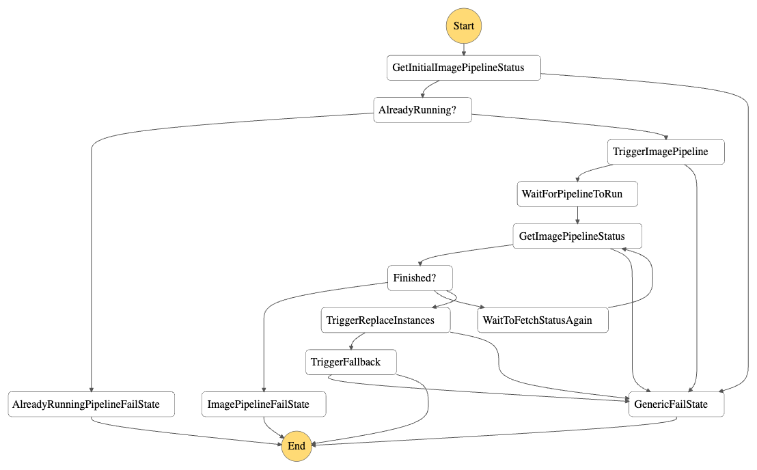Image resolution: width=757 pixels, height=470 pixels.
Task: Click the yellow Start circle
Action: tap(464, 26)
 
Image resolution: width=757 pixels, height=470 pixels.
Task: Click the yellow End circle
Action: tap(297, 446)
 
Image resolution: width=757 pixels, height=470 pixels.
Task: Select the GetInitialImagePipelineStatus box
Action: tap(463, 68)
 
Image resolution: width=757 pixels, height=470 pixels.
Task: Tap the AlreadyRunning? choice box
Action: tap(423, 110)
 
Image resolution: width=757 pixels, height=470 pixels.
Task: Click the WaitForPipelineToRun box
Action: tap(578, 194)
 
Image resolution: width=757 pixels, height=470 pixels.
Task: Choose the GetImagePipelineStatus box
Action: tap(578, 236)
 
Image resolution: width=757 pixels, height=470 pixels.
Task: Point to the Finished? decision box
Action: tap(420, 278)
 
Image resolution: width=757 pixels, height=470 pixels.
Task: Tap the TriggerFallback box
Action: tap(351, 362)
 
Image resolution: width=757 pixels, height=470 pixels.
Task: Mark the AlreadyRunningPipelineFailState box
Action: tap(92, 404)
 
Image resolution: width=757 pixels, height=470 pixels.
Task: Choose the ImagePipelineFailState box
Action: tap(264, 404)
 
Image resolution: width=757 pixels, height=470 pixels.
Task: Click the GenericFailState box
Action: tap(676, 404)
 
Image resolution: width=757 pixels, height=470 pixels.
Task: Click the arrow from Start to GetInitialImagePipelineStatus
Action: tap(464, 49)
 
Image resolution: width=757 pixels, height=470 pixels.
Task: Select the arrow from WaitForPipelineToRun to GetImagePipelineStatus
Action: tap(578, 215)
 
